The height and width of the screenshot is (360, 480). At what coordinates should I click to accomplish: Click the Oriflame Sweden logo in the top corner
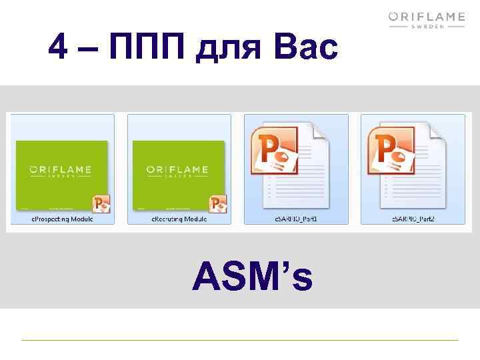click(426, 23)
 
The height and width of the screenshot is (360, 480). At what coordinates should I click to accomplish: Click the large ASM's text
click(252, 277)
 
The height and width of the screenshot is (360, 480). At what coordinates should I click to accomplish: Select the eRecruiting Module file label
click(179, 219)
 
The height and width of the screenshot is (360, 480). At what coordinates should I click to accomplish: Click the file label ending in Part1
click(296, 219)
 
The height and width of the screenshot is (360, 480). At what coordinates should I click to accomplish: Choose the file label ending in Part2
click(413, 219)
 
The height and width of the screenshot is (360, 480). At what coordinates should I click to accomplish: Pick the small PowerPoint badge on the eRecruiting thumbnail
click(218, 203)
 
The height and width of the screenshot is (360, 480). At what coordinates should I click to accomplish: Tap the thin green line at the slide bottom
click(240, 340)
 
